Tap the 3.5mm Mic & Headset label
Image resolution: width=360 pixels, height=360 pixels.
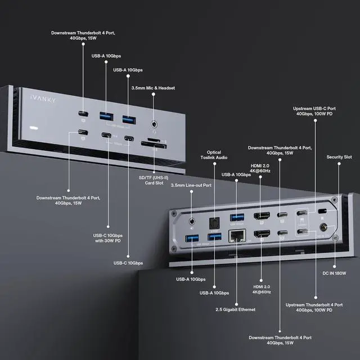(x=153, y=88)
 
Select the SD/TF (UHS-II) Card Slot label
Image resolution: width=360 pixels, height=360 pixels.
(x=154, y=181)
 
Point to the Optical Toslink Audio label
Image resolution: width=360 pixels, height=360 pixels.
(x=214, y=155)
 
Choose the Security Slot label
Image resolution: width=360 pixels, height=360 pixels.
(x=339, y=157)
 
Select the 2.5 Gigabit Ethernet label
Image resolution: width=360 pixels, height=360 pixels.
(x=236, y=309)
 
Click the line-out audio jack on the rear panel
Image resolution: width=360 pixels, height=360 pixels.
(x=194, y=222)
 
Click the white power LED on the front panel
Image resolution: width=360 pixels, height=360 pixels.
(x=25, y=129)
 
